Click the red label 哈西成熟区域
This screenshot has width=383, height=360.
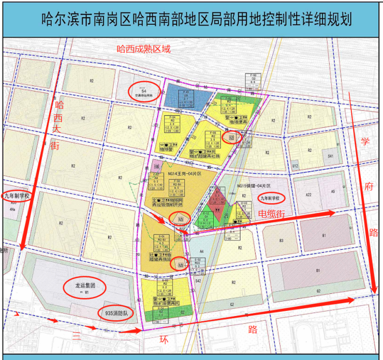(143, 50)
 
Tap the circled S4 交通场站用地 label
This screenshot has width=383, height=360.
(144, 91)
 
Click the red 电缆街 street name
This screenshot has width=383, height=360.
(272, 213)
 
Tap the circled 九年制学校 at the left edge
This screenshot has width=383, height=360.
(17, 196)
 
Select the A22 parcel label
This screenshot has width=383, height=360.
(308, 193)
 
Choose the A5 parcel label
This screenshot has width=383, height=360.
(333, 191)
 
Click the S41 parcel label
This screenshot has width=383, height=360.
(331, 156)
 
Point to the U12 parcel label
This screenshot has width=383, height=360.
(295, 166)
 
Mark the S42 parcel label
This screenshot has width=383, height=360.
(198, 280)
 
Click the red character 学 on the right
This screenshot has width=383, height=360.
(365, 141)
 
